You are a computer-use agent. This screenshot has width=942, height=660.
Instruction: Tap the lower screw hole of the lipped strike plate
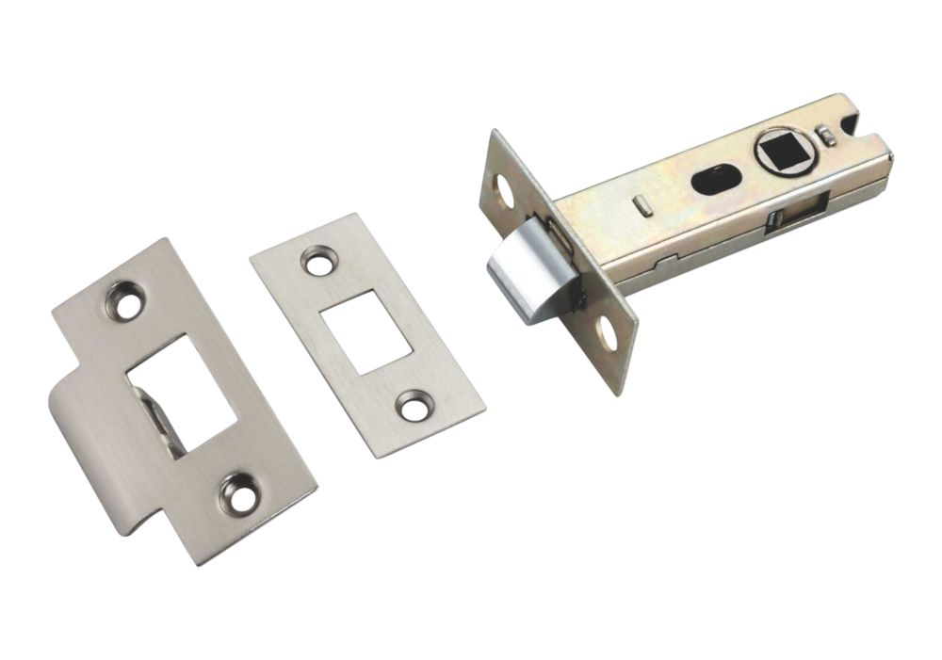[241, 492]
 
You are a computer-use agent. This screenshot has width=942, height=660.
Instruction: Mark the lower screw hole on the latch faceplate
[605, 334]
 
